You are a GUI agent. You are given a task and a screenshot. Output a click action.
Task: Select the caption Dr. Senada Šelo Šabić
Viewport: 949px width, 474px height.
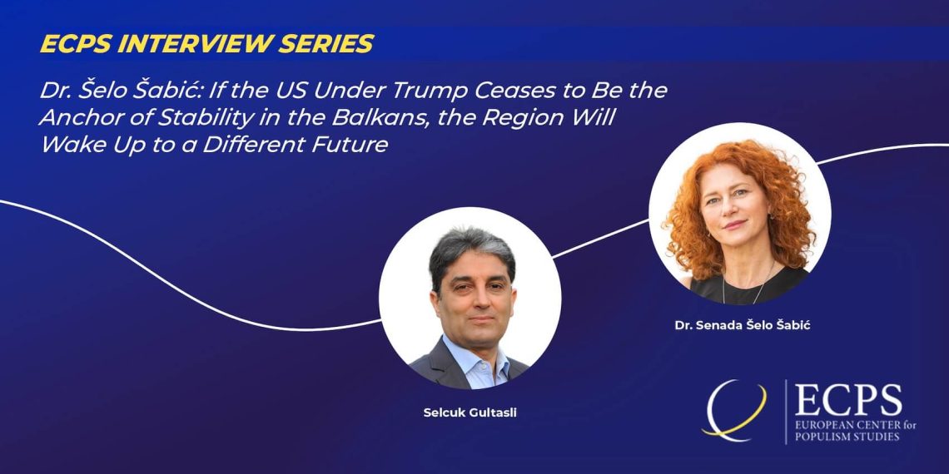[x=742, y=325]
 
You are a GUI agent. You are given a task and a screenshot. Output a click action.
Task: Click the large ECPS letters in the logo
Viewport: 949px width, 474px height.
[x=848, y=400]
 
